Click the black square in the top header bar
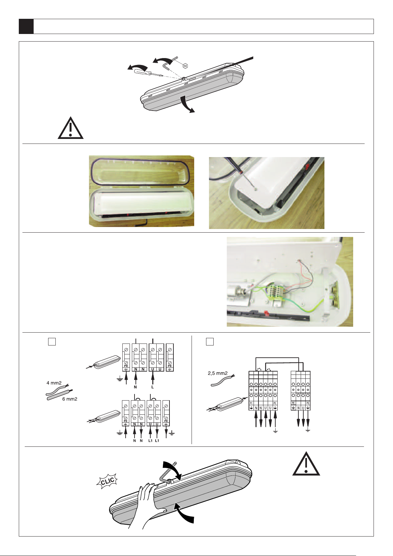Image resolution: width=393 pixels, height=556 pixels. [26, 26]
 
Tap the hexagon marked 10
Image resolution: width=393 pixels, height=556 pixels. [185, 66]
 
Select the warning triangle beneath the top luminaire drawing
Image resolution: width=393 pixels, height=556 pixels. [71, 128]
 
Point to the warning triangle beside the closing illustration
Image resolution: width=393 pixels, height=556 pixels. [306, 464]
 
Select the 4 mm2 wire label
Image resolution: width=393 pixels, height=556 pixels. [54, 383]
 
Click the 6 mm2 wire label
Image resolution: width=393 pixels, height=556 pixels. [70, 399]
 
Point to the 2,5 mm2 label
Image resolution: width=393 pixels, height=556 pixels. [218, 373]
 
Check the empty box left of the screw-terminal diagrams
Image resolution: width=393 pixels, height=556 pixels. [52, 342]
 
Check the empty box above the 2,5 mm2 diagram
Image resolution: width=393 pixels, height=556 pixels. [210, 342]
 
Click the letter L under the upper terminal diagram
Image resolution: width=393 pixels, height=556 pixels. [153, 387]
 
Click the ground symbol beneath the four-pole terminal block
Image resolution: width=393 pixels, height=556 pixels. [308, 430]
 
